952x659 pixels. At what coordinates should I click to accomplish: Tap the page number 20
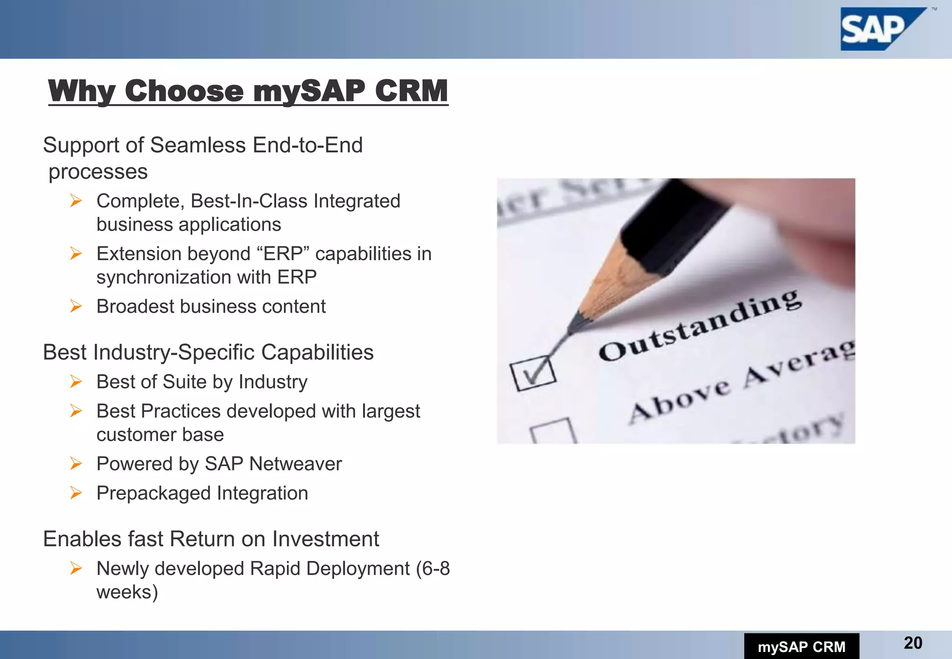913,643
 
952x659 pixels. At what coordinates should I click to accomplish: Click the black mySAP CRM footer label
801,646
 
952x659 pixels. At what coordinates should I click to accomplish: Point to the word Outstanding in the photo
700,325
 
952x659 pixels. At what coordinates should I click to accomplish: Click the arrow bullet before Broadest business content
76,306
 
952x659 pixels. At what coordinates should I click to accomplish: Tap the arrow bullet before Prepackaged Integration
76,493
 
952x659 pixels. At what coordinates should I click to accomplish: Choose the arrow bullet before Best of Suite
76,382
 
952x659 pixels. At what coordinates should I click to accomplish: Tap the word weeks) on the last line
127,592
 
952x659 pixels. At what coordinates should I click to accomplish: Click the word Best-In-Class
249,201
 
